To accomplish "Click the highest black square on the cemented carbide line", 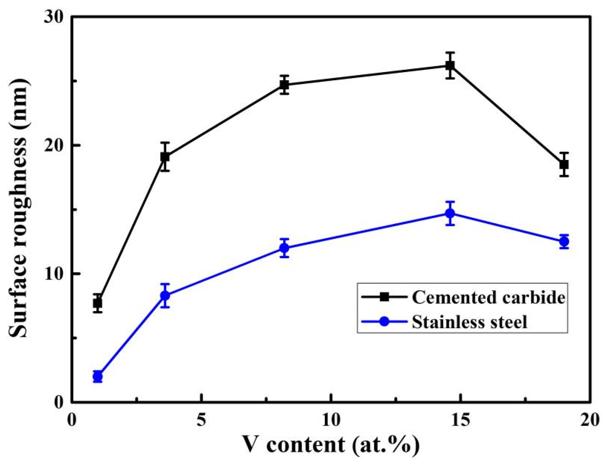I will tap(450, 65).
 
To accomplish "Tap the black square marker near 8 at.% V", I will tap(284, 85).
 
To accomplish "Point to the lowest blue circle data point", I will tap(97, 376).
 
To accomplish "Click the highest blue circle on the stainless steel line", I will tap(450, 213).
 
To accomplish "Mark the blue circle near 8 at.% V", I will tap(284, 248).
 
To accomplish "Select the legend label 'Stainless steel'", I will tap(470, 322).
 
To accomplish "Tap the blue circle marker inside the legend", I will tap(384, 322).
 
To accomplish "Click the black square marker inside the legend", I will tap(384, 297).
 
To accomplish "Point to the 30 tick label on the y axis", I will tap(54, 17).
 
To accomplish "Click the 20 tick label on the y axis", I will tap(54, 145).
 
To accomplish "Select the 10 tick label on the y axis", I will tap(54, 274).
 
